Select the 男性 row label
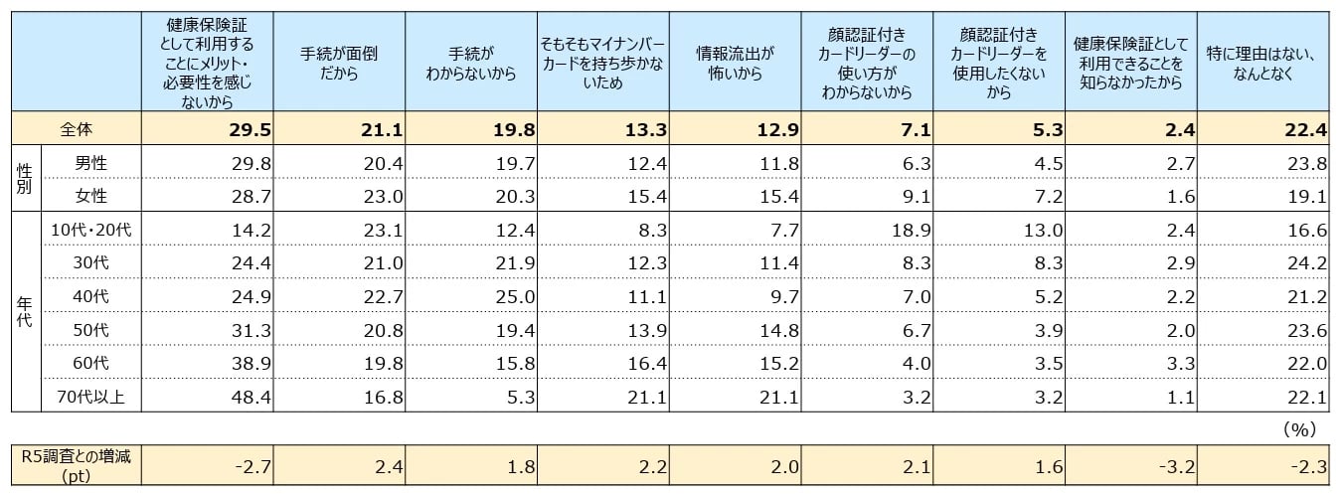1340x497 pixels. pyautogui.click(x=91, y=163)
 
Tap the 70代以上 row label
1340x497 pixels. pyautogui.click(x=90, y=397)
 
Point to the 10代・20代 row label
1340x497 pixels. pyautogui.click(x=90, y=230)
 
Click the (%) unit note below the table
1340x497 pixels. pyautogui.click(x=1299, y=428)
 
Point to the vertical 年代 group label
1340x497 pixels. pyautogui.click(x=25, y=313)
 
